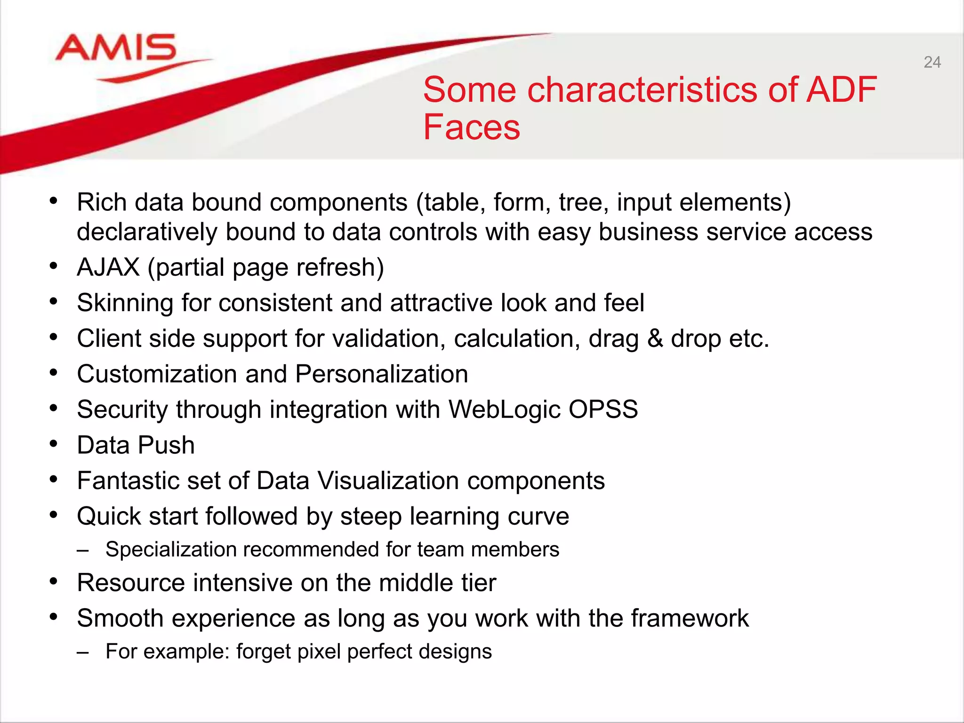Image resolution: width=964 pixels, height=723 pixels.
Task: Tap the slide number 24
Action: [x=932, y=62]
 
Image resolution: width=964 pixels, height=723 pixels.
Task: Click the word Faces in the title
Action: [x=472, y=127]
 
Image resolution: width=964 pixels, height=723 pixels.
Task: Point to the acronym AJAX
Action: [x=108, y=267]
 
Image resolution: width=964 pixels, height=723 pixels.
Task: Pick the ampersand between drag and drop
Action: [x=655, y=338]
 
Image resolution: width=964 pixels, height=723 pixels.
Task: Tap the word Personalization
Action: [x=382, y=374]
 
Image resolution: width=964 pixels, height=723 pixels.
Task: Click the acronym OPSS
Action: [x=603, y=409]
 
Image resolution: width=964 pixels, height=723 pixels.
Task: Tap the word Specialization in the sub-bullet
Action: [x=171, y=550]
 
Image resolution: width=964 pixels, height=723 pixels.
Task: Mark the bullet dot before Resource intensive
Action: [x=54, y=582]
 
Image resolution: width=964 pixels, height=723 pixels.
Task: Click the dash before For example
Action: [x=83, y=652]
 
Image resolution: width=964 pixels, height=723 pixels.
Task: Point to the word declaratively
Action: [x=147, y=232]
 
